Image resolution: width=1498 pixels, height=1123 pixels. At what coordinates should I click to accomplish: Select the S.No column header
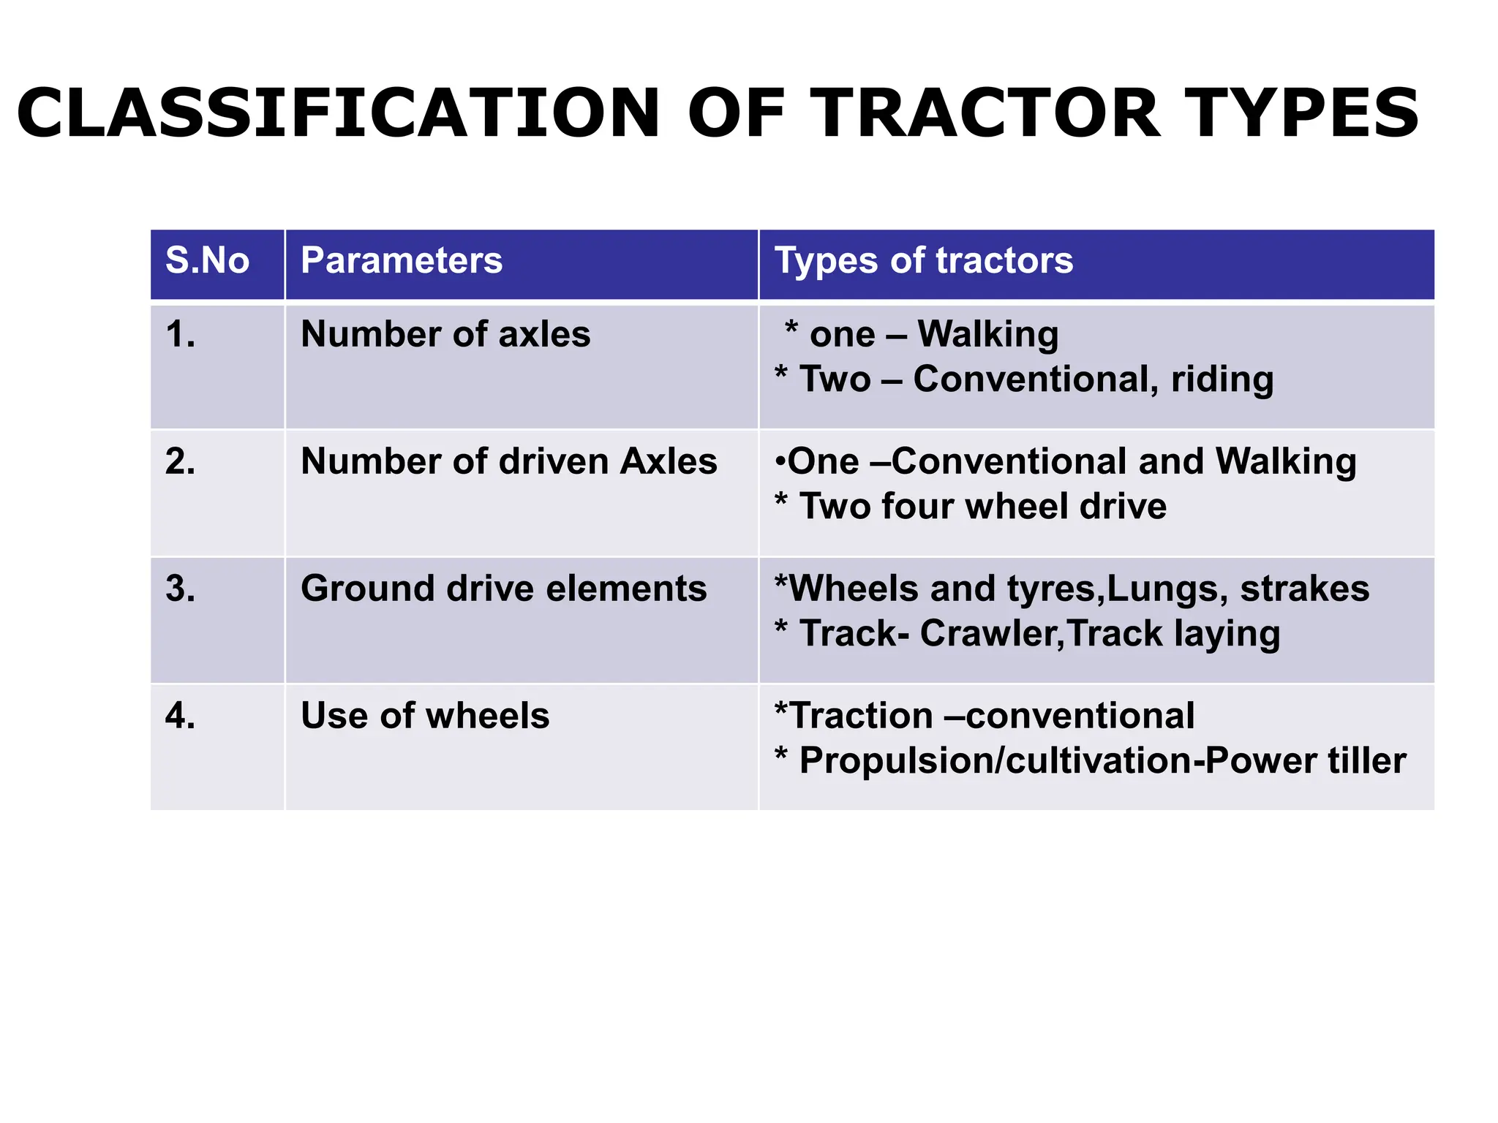[207, 261]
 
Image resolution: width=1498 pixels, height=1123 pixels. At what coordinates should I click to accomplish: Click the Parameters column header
[402, 261]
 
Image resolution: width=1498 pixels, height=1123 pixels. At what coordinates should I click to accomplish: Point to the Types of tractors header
[923, 261]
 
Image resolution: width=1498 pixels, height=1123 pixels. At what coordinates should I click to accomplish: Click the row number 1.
[180, 335]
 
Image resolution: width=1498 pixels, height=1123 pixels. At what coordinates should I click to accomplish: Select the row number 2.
[180, 462]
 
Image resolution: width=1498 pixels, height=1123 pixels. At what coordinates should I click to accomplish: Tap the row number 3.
[180, 589]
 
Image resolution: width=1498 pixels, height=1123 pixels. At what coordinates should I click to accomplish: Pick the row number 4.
[180, 716]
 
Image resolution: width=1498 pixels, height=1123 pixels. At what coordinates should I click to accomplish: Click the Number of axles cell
[445, 335]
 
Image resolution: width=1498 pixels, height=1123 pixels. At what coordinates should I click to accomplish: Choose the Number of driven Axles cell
[509, 462]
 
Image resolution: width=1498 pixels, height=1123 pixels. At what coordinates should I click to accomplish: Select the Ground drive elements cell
[503, 589]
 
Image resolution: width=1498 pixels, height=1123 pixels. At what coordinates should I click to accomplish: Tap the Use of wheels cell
[425, 716]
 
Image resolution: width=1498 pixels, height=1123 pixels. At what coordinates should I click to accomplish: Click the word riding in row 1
[1222, 380]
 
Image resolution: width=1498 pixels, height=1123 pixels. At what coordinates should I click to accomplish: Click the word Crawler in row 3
[991, 634]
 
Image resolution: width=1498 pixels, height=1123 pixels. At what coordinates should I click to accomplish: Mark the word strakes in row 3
[1305, 589]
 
